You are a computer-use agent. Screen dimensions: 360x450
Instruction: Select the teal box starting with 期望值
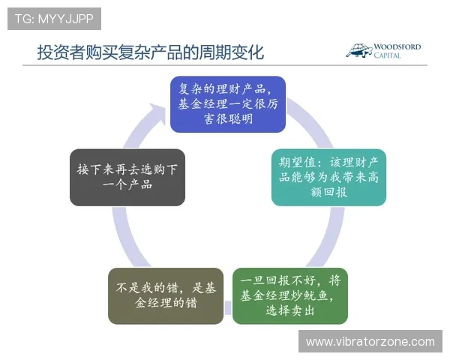click(328, 177)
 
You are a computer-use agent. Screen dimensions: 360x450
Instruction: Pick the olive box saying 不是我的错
click(165, 295)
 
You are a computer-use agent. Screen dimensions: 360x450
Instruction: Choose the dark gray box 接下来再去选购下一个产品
click(127, 177)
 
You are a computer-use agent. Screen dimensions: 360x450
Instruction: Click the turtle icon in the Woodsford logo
click(359, 51)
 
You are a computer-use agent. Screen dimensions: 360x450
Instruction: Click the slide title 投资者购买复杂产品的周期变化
click(150, 52)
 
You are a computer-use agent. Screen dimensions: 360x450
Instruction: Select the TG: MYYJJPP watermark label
click(54, 19)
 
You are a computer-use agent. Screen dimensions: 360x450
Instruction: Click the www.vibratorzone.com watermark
click(370, 341)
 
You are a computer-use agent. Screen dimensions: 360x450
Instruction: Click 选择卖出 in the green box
click(291, 311)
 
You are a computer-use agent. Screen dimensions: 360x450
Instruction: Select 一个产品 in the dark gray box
click(127, 184)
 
